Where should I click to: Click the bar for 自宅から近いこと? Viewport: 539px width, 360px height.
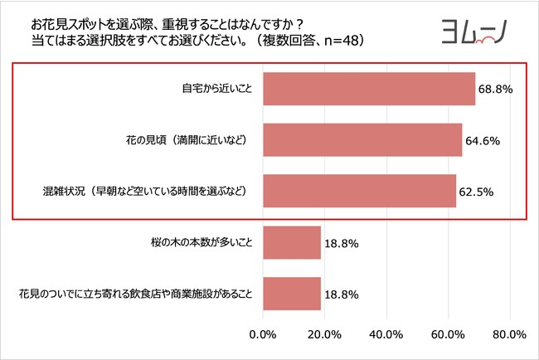pyautogui.click(x=369, y=89)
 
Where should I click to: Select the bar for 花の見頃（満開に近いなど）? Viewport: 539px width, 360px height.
pyautogui.click(x=362, y=140)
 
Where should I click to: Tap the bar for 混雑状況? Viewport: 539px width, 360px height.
pyautogui.click(x=359, y=191)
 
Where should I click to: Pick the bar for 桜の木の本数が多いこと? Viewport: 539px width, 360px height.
pyautogui.click(x=292, y=242)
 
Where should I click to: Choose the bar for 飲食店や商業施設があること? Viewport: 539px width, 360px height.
pyautogui.click(x=292, y=294)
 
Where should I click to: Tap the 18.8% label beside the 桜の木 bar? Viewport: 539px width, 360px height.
pyautogui.click(x=341, y=243)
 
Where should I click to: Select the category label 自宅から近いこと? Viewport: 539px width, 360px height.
pyautogui.click(x=216, y=89)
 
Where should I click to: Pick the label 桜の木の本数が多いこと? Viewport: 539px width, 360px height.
pyautogui.click(x=198, y=243)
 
